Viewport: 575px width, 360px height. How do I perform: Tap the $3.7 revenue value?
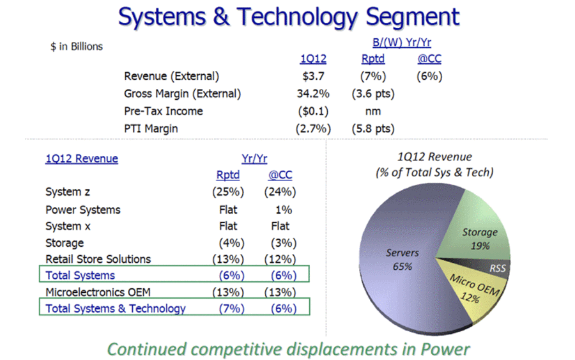(x=313, y=76)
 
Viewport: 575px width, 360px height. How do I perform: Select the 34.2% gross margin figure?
(x=313, y=93)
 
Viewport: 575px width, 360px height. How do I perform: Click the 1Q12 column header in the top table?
(x=313, y=59)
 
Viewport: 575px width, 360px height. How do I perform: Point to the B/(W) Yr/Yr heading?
(x=402, y=43)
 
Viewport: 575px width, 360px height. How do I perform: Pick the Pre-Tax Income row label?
(x=163, y=111)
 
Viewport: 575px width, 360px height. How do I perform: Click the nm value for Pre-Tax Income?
(x=373, y=111)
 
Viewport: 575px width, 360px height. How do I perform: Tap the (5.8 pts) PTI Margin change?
(x=373, y=129)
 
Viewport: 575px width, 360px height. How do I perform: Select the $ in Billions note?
(x=77, y=47)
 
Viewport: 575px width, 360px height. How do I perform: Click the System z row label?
(x=68, y=192)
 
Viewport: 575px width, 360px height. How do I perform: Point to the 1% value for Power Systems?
(x=284, y=210)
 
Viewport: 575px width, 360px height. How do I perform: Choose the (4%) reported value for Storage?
(x=232, y=243)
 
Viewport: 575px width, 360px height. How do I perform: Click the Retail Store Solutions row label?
(x=98, y=259)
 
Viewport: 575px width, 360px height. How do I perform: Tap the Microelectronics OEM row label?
(x=98, y=292)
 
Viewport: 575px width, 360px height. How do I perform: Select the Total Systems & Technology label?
(x=116, y=309)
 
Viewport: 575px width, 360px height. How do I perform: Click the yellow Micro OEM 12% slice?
(x=473, y=290)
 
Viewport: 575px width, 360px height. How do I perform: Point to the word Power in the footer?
(x=445, y=349)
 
